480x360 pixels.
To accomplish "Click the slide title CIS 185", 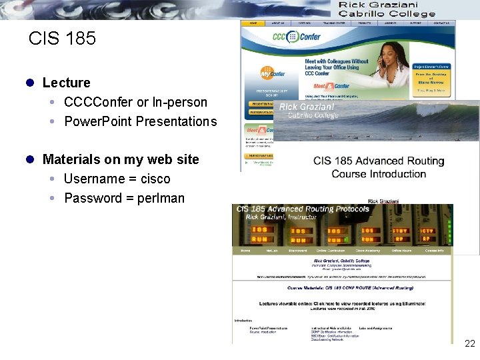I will (x=63, y=39).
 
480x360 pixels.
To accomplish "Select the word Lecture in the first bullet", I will (x=66, y=83).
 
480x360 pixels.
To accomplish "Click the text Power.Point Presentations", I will (x=140, y=121).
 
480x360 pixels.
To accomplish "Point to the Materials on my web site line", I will (x=120, y=159).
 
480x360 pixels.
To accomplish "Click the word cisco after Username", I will (x=155, y=179).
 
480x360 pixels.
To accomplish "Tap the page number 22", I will (x=469, y=343).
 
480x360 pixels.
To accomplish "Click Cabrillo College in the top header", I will (x=386, y=14).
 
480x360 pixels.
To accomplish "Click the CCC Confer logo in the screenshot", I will (x=294, y=37).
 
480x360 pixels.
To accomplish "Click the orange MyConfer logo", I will (x=267, y=73).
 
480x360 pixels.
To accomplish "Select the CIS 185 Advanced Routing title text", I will (x=378, y=161).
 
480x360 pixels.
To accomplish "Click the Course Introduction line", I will (x=378, y=174).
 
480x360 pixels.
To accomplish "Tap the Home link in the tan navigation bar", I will (x=245, y=251).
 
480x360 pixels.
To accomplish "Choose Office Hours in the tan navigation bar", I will (x=401, y=251).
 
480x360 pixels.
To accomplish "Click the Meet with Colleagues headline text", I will (x=336, y=61).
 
